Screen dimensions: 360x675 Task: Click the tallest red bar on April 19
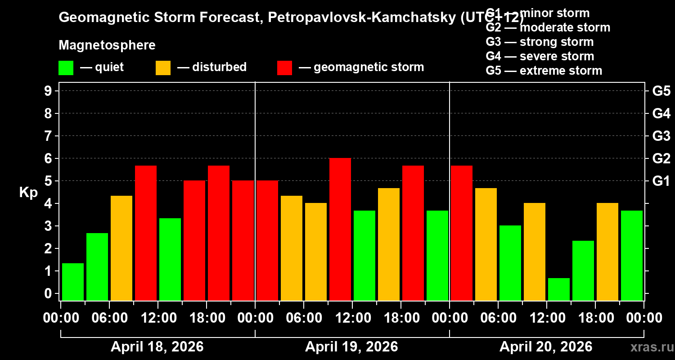[x=340, y=229]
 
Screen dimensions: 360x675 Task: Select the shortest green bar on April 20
[x=559, y=289]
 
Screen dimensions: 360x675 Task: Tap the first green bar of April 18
[x=73, y=282]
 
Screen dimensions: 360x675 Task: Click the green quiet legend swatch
[x=66, y=68]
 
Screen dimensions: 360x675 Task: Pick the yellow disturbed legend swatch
[x=163, y=68]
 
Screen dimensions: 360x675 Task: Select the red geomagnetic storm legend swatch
[x=284, y=68]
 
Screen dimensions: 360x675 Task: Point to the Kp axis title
[x=28, y=193]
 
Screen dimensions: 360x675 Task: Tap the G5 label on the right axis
[x=661, y=91]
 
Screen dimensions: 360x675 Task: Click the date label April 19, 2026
[x=351, y=346]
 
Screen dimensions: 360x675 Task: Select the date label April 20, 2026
[x=546, y=346]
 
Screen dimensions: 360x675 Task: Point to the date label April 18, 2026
[x=157, y=346]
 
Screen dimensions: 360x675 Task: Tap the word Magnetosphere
[x=107, y=45]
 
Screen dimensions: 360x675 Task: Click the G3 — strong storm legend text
[x=540, y=42]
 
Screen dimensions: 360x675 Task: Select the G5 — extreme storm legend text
[x=544, y=71]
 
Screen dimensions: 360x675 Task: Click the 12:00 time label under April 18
[x=158, y=318]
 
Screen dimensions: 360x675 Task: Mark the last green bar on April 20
[x=632, y=255]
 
